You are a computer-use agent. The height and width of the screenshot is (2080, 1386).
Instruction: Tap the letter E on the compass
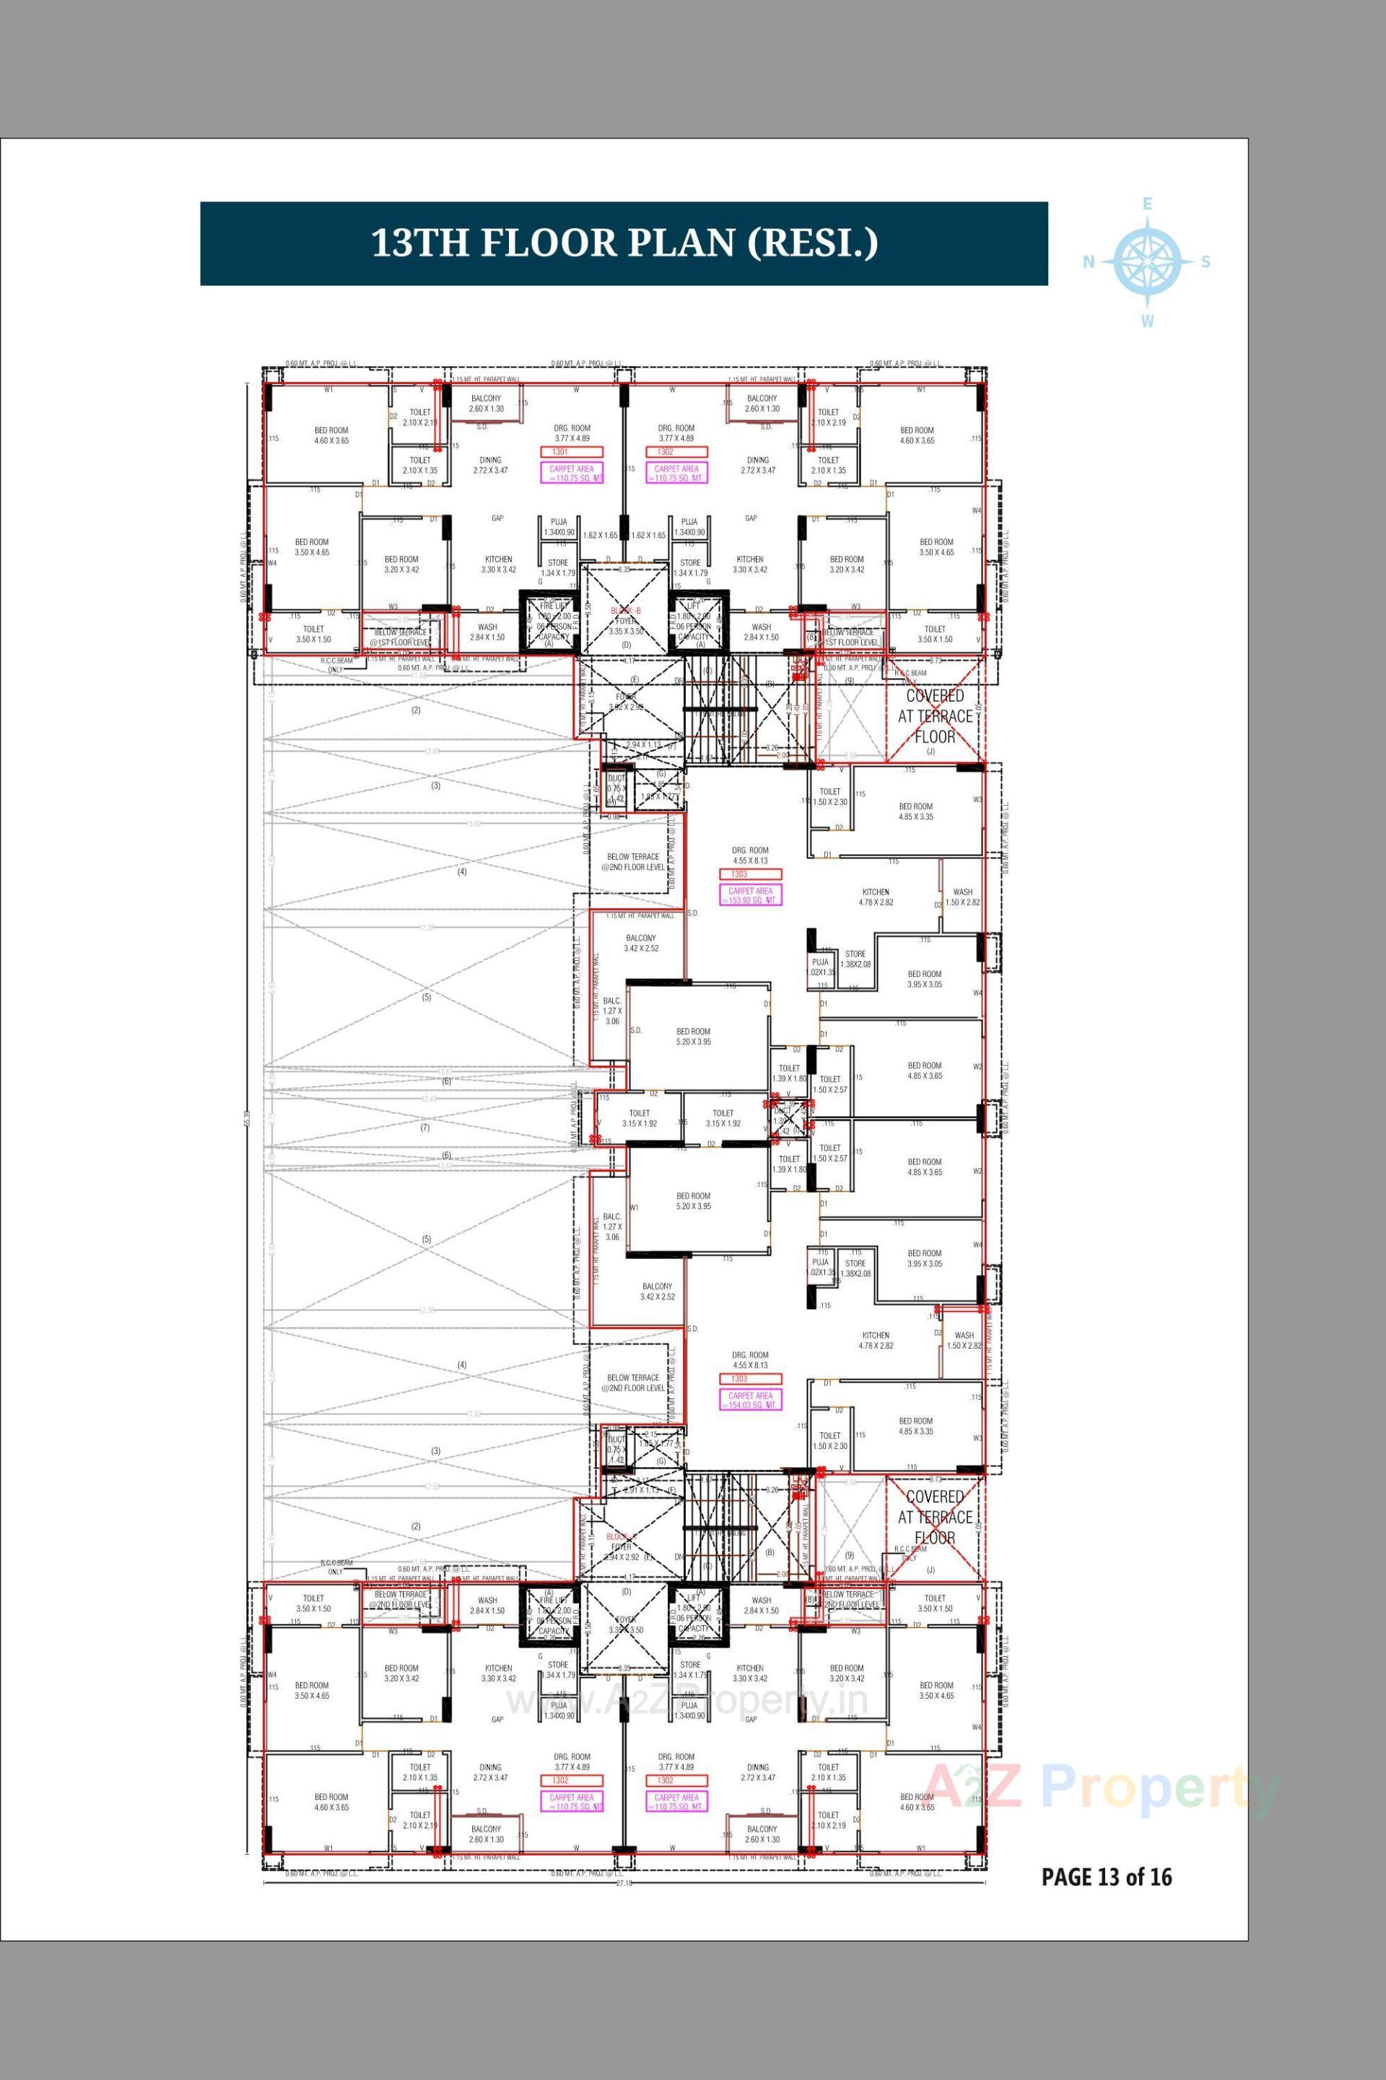(x=1147, y=204)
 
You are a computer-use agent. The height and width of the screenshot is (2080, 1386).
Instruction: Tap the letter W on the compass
(x=1147, y=322)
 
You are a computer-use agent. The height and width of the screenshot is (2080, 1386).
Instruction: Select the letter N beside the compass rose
(x=1090, y=261)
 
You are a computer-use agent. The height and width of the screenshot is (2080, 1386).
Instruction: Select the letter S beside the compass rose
(x=1206, y=261)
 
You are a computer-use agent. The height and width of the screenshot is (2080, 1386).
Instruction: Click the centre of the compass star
(x=1147, y=261)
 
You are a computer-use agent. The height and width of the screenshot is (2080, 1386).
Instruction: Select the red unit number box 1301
(x=559, y=452)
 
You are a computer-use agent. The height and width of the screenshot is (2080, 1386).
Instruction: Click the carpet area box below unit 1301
(x=572, y=474)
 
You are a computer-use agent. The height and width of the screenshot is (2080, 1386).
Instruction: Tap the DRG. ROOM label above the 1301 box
(x=572, y=428)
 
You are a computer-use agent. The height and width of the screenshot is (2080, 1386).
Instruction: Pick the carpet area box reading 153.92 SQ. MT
(x=751, y=895)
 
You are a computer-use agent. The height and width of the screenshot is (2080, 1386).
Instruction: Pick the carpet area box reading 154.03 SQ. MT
(x=751, y=1400)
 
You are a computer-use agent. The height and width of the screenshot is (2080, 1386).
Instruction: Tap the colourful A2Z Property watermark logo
(x=1100, y=1788)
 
